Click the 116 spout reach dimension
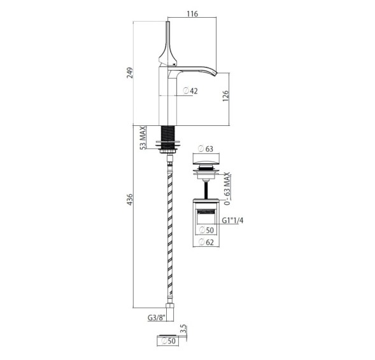192,14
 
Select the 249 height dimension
130,73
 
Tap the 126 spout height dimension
225,96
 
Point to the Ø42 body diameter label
190,91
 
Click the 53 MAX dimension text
143,138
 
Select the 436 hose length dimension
130,200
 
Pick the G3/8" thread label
157,318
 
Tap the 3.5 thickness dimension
183,329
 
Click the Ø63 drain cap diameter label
206,149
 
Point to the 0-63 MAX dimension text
227,188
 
